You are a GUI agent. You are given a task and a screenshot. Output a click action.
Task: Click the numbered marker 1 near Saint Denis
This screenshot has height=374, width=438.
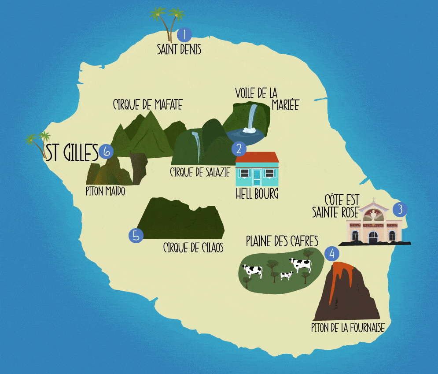(x=184, y=34)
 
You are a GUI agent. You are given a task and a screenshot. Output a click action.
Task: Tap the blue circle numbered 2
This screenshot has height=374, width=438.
(x=239, y=148)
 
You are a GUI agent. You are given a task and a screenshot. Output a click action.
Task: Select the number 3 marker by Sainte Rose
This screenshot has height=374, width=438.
(x=400, y=209)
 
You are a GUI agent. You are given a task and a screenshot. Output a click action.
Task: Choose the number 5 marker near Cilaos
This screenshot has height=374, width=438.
(x=136, y=235)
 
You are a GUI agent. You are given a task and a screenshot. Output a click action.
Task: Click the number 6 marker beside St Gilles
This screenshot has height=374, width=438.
(x=106, y=152)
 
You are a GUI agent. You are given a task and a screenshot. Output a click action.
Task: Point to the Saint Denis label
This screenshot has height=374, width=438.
(x=179, y=49)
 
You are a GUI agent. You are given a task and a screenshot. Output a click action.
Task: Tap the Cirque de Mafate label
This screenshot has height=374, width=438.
(x=147, y=104)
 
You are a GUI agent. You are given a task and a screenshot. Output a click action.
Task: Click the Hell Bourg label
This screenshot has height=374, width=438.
(x=257, y=194)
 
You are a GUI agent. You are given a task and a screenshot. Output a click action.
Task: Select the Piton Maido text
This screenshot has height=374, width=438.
(x=106, y=192)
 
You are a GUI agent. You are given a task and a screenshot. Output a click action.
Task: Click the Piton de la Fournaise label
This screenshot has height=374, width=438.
(x=348, y=328)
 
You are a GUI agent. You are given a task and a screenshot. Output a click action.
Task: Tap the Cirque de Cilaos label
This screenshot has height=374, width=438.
(x=193, y=248)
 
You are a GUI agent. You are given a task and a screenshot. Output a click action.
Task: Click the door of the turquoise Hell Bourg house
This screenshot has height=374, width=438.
(x=257, y=177)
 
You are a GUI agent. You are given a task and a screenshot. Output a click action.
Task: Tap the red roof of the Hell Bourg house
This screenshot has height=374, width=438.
(x=257, y=157)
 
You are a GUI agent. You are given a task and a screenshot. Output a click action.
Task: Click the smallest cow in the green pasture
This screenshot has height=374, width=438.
(x=286, y=275)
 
